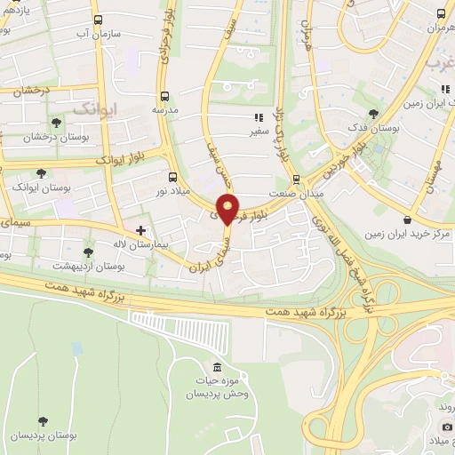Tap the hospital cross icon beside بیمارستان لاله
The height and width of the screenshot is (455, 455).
coord(140,229)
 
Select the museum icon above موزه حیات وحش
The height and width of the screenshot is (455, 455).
coord(217,368)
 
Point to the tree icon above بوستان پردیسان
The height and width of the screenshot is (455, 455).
coord(42,420)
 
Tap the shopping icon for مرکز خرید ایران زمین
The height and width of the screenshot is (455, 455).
coord(407,219)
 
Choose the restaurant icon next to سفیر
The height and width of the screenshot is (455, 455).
coord(259,117)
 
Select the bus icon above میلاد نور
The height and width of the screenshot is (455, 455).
coord(172,175)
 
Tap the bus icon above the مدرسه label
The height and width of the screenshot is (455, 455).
coord(163,95)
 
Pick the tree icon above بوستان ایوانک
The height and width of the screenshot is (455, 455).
coord(40,173)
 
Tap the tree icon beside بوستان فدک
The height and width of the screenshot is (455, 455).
coord(373,113)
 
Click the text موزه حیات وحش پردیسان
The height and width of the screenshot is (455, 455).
coord(217,387)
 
